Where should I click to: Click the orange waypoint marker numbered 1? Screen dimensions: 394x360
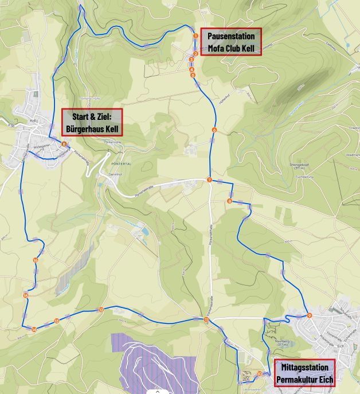tap(195, 36)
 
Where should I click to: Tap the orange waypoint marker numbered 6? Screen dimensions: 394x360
tap(214, 130)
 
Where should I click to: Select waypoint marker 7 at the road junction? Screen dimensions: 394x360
tap(209, 180)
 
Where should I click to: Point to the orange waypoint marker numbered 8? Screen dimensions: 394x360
tap(229, 201)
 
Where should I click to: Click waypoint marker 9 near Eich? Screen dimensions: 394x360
tap(309, 315)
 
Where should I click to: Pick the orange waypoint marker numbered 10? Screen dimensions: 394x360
tap(260, 373)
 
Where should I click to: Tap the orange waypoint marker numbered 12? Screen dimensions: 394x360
tap(101, 310)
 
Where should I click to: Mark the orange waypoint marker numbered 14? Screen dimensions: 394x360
tap(34, 329)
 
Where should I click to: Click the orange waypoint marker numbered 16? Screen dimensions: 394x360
tap(36, 260)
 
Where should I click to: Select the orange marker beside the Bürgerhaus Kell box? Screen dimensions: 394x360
tap(64, 144)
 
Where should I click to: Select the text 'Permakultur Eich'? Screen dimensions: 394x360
tap(304, 379)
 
